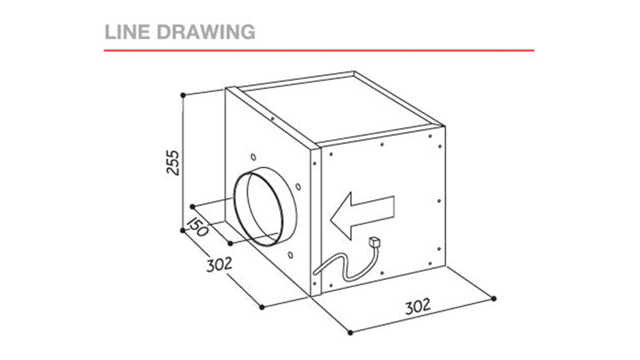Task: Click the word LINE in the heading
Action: pos(127,32)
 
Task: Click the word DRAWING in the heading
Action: pos(206,32)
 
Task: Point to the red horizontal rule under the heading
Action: pos(319,51)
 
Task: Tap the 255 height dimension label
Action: pos(172,163)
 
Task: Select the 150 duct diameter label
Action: pos(198,227)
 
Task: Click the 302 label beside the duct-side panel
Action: pos(219,265)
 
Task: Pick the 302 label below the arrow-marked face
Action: pos(418,306)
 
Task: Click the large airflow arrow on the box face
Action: pos(362,215)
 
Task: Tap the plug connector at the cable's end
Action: pos(375,242)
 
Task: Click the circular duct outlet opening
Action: pos(265,206)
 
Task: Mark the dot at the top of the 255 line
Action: pos(183,95)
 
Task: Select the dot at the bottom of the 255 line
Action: pos(183,230)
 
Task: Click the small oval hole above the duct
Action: pos(253,157)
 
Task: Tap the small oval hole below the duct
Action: pos(290,255)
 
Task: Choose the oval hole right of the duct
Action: pos(298,187)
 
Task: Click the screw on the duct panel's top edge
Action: pos(273,119)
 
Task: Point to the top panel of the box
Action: pos(340,109)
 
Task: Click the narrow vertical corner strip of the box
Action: pos(316,221)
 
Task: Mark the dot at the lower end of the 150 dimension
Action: pos(230,244)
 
